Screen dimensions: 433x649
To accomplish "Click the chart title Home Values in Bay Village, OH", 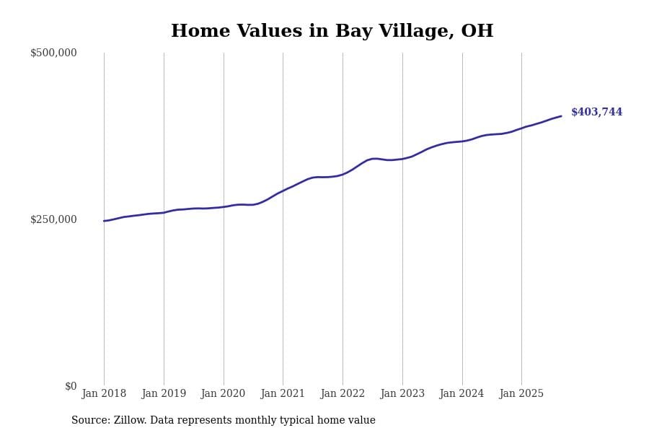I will [332, 32].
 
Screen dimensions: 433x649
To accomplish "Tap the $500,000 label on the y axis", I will [53, 53].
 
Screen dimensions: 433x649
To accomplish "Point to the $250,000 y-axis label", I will [53, 219].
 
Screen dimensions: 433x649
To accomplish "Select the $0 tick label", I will [71, 386].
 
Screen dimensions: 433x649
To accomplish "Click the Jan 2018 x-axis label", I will [104, 394].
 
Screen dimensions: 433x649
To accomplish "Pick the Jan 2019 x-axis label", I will [164, 394].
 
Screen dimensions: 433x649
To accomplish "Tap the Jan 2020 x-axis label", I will [223, 394].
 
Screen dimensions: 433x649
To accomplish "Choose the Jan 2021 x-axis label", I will [283, 394].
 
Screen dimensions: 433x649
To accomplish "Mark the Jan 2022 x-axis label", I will [343, 394].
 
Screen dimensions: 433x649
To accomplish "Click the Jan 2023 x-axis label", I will [402, 394].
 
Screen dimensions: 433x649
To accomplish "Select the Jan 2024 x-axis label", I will [462, 394].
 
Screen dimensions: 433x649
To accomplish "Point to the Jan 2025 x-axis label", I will [521, 394].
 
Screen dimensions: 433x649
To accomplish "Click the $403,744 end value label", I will [596, 113].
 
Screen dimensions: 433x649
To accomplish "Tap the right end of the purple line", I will [561, 116].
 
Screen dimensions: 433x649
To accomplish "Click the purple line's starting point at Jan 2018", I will [104, 221].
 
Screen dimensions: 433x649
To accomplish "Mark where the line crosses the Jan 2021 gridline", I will [283, 191].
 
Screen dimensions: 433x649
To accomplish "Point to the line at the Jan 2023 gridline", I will [402, 159].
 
